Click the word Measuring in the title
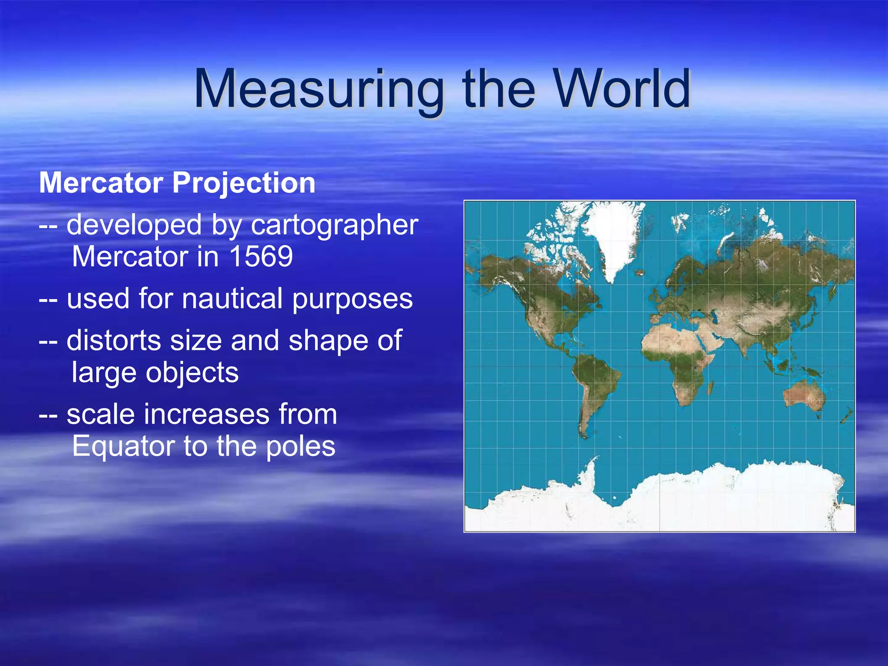[319, 90]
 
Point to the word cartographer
[334, 225]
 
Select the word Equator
[123, 446]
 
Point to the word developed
[134, 225]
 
